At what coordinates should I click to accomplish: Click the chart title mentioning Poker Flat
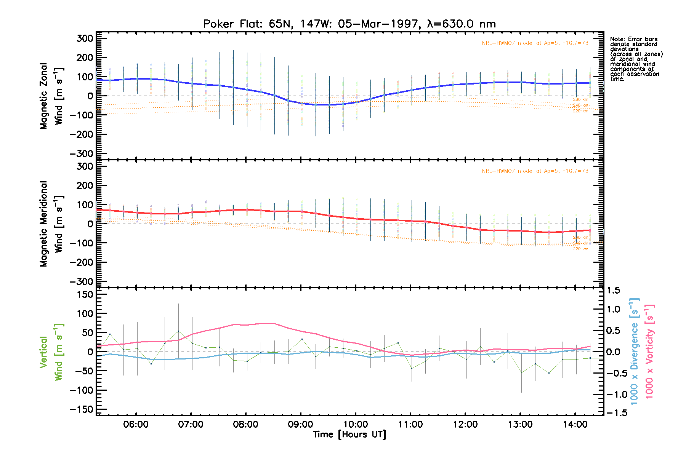point(349,24)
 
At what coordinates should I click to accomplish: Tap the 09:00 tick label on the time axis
point(301,424)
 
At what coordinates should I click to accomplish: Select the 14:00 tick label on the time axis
point(575,424)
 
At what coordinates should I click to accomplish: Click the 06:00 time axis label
point(136,424)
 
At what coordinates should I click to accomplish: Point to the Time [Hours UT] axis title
point(349,435)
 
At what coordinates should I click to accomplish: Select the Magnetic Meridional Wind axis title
point(51,224)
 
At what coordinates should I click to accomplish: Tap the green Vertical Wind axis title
point(51,352)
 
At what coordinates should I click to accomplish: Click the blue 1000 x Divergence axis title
point(634,351)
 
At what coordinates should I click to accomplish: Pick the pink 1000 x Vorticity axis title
point(649,351)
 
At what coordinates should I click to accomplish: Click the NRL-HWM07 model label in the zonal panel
point(535,43)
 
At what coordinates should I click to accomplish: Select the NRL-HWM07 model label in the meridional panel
point(535,171)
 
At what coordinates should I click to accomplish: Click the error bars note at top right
point(636,59)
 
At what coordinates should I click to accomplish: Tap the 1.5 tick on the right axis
point(613,291)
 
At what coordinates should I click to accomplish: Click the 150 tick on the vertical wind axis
point(85,294)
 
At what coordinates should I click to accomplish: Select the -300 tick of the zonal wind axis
point(82,153)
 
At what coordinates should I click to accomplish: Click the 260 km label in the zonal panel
point(580,99)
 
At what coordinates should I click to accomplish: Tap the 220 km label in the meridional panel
point(580,249)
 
